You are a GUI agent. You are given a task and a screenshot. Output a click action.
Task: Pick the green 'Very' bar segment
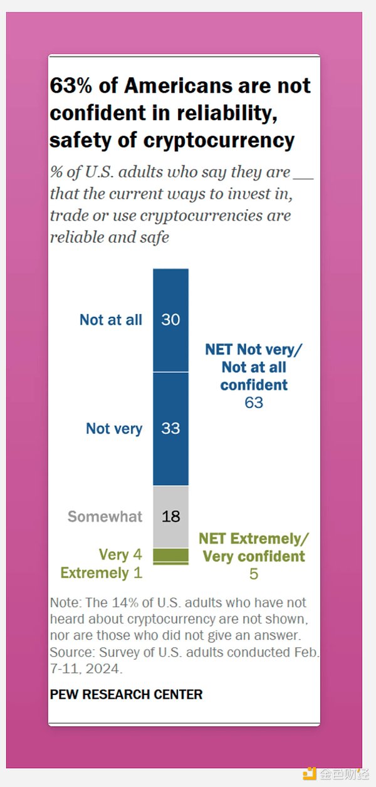(x=170, y=555)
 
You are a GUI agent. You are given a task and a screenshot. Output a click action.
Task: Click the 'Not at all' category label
(x=111, y=320)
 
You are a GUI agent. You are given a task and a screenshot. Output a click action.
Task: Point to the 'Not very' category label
(x=114, y=429)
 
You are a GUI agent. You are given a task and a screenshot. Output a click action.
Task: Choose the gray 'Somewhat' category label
(x=105, y=516)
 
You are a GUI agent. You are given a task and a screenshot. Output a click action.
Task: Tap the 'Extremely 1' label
(x=101, y=573)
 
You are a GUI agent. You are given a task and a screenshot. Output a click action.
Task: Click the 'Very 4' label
(x=121, y=555)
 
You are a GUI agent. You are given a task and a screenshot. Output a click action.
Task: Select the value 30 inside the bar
(x=170, y=320)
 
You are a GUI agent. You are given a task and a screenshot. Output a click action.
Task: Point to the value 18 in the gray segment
(x=170, y=516)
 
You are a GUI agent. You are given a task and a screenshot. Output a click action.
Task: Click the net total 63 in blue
(x=254, y=402)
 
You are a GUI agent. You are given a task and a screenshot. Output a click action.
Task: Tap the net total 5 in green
(x=253, y=573)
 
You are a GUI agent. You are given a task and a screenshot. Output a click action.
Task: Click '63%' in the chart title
(x=70, y=86)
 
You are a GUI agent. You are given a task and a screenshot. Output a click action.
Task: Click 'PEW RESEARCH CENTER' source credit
(x=126, y=695)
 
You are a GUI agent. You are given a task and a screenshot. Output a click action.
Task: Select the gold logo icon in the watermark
(x=310, y=774)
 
